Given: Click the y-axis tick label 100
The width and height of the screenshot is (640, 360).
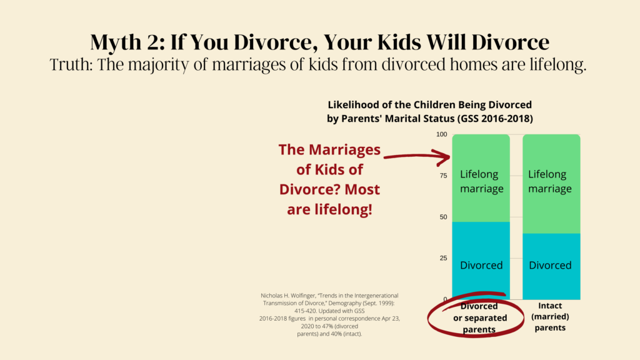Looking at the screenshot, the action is [442, 134].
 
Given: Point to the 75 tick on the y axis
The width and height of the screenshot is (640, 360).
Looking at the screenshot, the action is [443, 176].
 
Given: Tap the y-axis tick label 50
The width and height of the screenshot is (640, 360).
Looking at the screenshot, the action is [443, 217].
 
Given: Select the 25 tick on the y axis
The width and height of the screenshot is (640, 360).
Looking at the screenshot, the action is [443, 258].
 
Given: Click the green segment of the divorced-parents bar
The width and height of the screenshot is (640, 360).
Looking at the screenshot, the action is [481, 178].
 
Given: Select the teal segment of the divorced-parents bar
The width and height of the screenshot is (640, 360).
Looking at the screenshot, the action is [481, 261].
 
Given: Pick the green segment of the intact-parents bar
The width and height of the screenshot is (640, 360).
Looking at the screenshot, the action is [551, 184].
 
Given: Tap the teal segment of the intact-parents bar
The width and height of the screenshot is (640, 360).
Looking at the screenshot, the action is [551, 266].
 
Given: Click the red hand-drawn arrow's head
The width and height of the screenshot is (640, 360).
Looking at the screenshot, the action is [445, 157].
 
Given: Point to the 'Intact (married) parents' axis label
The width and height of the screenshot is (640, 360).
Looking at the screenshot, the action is [550, 317].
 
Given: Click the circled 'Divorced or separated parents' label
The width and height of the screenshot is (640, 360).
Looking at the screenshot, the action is [479, 317].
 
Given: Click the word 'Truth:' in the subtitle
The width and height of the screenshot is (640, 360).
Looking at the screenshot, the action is [72, 64].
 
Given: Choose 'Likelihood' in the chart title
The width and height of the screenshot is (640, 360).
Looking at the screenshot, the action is [354, 105].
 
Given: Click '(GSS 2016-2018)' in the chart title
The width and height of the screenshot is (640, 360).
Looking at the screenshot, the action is [495, 119].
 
